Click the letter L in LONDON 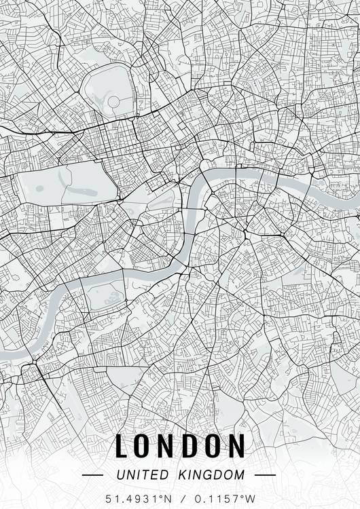pos(122,446)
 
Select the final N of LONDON pos(234,446)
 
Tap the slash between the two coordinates pos(182,499)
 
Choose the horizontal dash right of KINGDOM pos(264,475)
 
